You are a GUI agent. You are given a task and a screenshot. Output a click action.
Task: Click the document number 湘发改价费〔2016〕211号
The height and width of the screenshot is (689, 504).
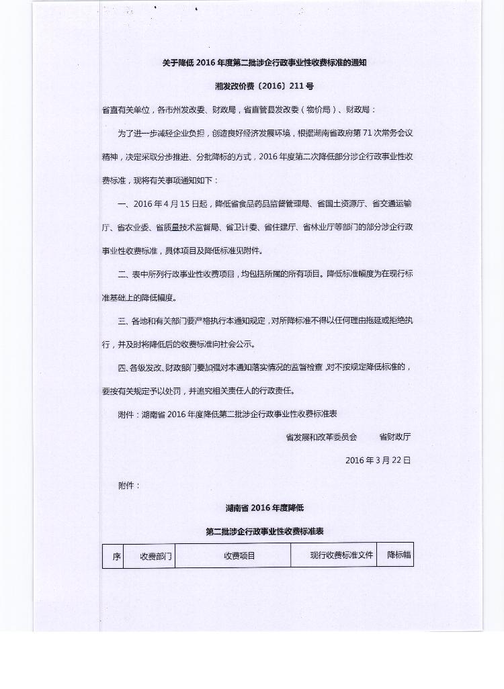tap(264, 87)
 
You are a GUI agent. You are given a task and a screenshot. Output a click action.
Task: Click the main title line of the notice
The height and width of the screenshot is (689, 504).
tap(264, 62)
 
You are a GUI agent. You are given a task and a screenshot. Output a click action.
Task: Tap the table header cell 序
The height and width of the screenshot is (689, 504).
tap(116, 556)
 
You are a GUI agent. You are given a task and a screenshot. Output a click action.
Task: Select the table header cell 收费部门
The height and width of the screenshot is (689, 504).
tap(156, 556)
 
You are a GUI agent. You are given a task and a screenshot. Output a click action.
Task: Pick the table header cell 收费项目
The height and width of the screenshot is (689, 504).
tap(239, 556)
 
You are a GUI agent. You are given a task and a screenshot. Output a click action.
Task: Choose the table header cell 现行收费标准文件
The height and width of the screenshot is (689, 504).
tap(341, 555)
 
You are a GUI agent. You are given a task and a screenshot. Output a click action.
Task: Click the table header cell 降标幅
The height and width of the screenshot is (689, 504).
tap(399, 555)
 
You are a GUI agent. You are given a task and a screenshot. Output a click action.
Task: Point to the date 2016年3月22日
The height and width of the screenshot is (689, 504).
tap(378, 461)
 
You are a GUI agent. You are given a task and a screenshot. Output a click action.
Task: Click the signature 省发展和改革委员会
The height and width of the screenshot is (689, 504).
tap(321, 437)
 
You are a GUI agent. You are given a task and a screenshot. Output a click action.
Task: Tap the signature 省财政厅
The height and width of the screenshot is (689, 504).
tap(395, 437)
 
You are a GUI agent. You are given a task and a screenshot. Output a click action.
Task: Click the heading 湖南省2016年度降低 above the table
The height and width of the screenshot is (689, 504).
tap(265, 508)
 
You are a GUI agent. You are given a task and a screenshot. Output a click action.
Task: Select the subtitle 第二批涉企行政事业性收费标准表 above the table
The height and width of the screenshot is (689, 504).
tap(265, 531)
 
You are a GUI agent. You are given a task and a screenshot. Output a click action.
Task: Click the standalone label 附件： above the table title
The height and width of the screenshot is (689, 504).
tap(129, 485)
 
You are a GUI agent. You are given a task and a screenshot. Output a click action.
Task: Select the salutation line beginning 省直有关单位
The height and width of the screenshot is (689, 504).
tap(239, 109)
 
